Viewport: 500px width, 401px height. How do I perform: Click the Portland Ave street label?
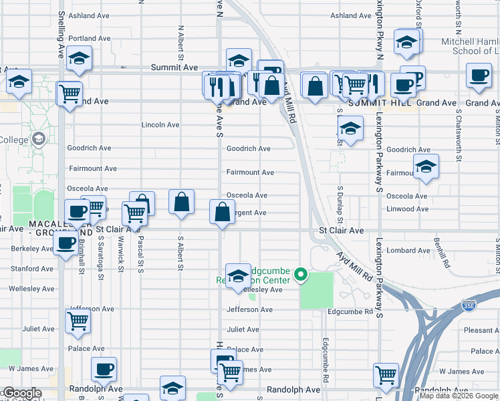click(89, 38)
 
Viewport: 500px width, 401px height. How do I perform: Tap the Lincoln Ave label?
click(160, 125)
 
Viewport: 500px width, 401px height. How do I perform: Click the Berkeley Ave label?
click(32, 249)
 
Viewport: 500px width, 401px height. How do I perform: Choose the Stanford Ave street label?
click(32, 269)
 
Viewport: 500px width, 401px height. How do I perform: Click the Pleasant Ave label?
click(481, 330)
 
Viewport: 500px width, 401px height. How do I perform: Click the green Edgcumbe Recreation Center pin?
click(301, 274)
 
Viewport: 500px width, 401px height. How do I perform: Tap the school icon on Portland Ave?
click(80, 59)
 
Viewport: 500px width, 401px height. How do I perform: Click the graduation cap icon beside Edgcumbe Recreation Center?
click(237, 276)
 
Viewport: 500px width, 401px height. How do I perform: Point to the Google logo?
click(21, 393)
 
